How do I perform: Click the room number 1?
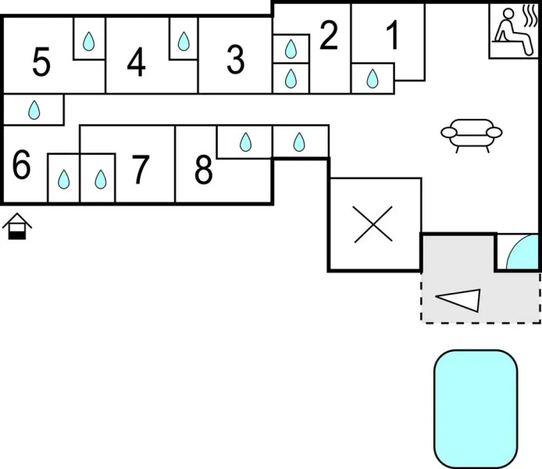[392, 35]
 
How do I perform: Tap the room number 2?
[329, 36]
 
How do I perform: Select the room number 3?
[235, 60]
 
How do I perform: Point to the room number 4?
[137, 63]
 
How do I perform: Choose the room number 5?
[41, 63]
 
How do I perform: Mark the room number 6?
[22, 166]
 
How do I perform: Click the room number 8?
[203, 170]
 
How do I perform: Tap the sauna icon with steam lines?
[515, 30]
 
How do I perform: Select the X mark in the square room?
[373, 224]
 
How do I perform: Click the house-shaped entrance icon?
[16, 227]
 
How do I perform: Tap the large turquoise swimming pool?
[476, 406]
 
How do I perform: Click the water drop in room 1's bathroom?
[373, 78]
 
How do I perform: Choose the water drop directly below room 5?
[34, 110]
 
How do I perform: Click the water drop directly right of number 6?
[64, 181]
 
